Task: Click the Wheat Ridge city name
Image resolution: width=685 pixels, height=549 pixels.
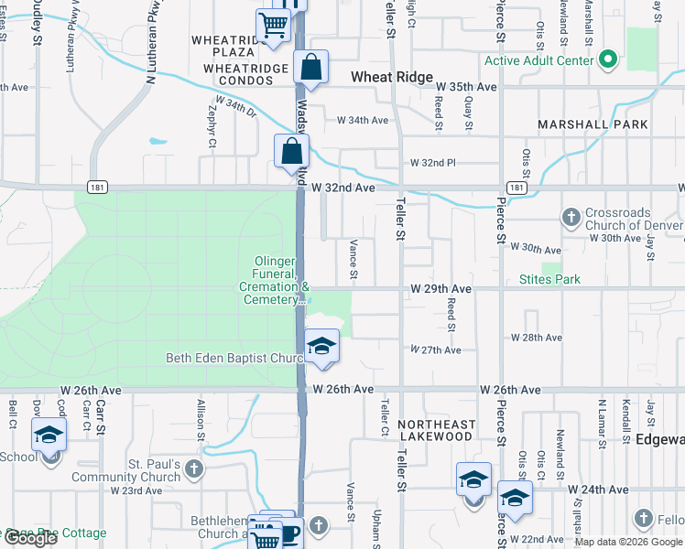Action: pos(393,77)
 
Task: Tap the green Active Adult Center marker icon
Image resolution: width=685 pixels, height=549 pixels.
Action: pos(607,61)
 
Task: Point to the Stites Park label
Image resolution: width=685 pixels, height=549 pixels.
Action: pos(549,279)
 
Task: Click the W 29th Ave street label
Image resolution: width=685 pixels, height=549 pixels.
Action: pos(440,289)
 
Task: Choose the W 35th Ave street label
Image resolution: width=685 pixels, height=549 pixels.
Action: pos(466,87)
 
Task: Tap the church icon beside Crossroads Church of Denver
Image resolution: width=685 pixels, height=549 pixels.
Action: pos(571,217)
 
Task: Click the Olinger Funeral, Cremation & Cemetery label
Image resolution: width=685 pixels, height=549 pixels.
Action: pos(276,280)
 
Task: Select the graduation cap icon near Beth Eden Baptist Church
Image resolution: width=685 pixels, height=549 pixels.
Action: pos(321,346)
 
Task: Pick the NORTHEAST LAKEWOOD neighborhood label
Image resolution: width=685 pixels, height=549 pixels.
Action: pos(436,430)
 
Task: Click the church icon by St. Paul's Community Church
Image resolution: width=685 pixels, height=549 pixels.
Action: pos(193,469)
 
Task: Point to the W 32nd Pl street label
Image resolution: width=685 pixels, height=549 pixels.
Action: pos(432,163)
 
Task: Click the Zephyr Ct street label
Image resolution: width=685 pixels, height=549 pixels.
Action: pos(212,125)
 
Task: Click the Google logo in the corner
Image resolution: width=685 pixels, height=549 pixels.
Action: pos(30,539)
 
